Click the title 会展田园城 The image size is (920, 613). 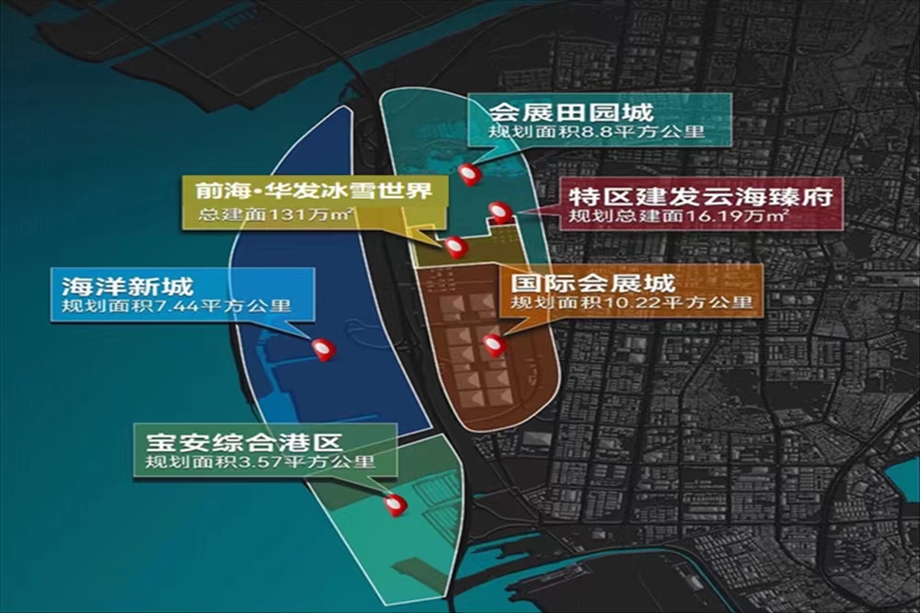(570, 113)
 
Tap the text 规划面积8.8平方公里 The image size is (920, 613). (596, 133)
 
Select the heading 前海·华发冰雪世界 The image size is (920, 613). (309, 192)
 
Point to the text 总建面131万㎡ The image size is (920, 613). (277, 217)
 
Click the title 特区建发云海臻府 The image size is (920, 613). (700, 196)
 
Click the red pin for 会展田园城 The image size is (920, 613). (470, 173)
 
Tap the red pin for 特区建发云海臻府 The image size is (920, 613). (499, 212)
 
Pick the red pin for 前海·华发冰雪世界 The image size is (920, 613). (454, 246)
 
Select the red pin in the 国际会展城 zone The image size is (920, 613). (494, 344)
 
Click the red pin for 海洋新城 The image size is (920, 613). (323, 349)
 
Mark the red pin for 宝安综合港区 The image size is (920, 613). (396, 504)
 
